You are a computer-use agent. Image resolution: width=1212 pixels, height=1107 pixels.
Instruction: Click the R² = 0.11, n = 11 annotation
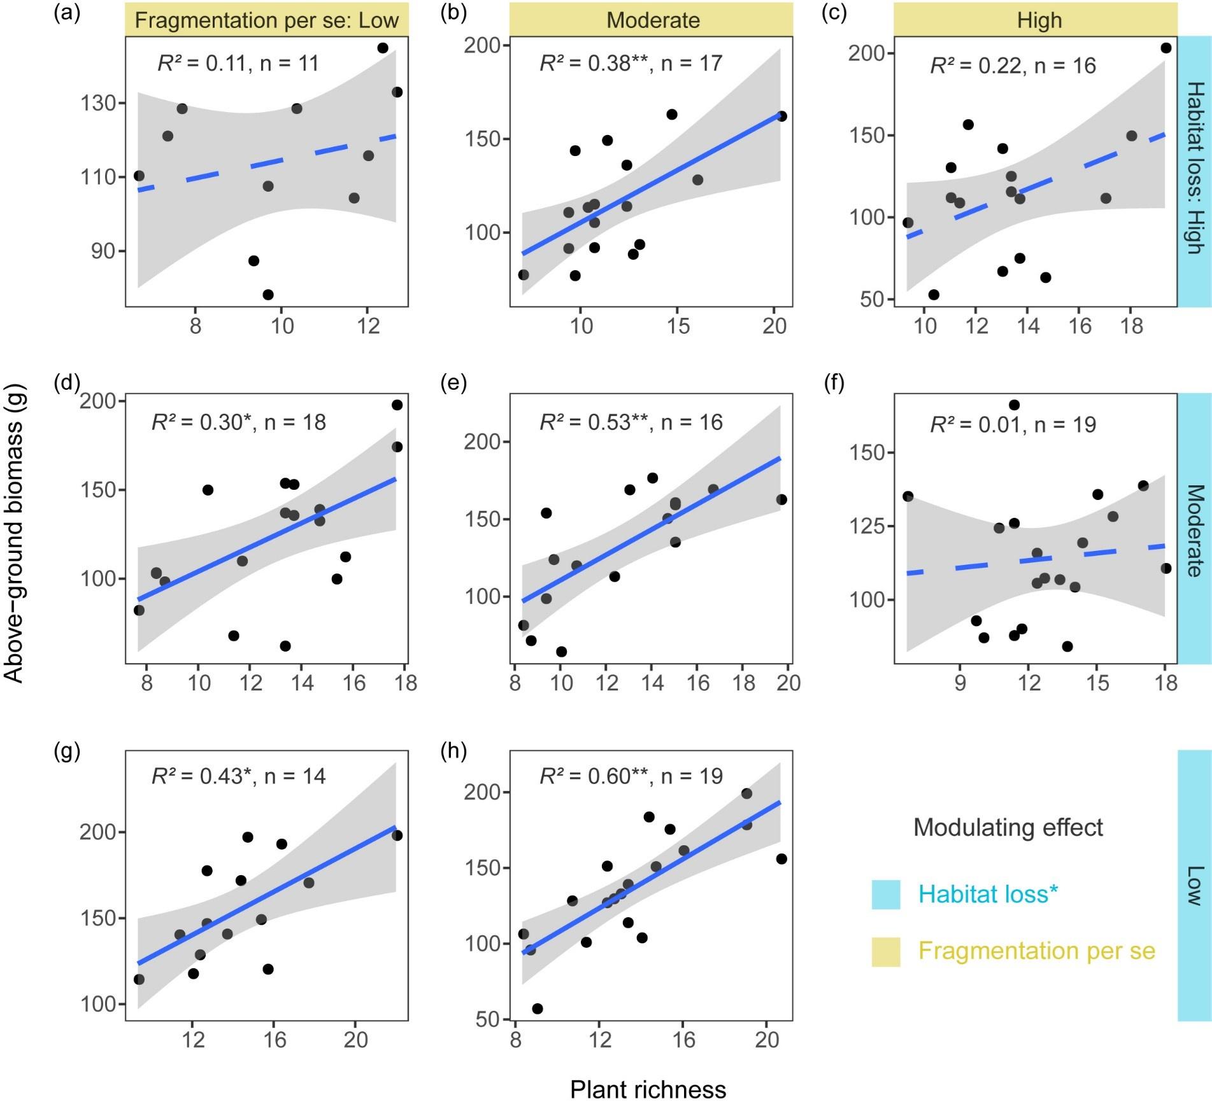238,63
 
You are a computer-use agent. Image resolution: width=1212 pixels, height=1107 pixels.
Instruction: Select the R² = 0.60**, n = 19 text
631,776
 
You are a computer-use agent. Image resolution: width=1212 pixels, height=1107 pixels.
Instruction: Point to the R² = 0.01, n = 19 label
1013,424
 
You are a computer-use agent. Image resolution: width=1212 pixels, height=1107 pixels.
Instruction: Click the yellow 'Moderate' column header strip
652,20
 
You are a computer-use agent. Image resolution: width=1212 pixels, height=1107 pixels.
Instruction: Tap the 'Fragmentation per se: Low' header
266,20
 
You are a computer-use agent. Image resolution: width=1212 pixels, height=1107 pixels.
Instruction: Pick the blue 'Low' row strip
1194,885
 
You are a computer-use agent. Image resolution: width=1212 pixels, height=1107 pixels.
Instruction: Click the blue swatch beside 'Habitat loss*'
886,895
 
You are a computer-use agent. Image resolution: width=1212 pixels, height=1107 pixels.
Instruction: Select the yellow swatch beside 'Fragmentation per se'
886,952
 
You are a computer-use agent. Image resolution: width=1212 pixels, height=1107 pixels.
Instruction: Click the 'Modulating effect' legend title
1008,827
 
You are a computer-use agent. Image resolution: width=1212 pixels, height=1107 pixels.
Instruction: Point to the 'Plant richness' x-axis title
648,1090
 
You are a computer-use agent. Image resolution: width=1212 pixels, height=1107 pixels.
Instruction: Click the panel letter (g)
67,752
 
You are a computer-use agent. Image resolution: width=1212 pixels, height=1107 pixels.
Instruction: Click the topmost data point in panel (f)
1014,405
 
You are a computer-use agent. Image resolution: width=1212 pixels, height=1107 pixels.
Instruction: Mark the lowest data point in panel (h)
538,1009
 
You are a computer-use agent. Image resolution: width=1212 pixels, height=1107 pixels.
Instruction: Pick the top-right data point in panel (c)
1166,48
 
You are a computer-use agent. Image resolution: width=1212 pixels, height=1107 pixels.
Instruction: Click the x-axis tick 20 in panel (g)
355,1040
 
